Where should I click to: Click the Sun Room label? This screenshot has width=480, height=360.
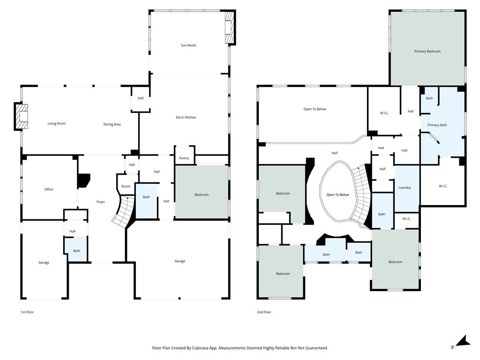coord(188,45)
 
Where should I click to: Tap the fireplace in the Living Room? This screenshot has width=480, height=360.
coord(22,117)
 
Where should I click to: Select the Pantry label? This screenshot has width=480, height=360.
coord(184,158)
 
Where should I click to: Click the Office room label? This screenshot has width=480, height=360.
coord(49,189)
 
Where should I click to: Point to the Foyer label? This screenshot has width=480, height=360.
coord(101,202)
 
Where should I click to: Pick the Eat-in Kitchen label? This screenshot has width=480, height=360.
coord(186,118)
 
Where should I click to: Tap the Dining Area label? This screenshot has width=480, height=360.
coord(112,125)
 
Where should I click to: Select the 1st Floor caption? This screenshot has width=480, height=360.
coord(27,312)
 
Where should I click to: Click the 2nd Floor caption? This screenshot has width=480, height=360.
coord(264,312)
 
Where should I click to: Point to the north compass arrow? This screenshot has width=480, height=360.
coord(461,342)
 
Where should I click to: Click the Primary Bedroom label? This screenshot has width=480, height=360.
coord(427,52)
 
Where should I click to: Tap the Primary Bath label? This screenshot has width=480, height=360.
coord(437,125)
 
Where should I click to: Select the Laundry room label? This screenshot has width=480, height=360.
coord(405,187)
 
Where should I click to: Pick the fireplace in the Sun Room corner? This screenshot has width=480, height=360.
coord(230,28)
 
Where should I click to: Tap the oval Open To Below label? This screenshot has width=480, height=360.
coord(337,195)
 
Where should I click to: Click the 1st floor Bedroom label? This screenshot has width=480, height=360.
coord(202,195)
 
